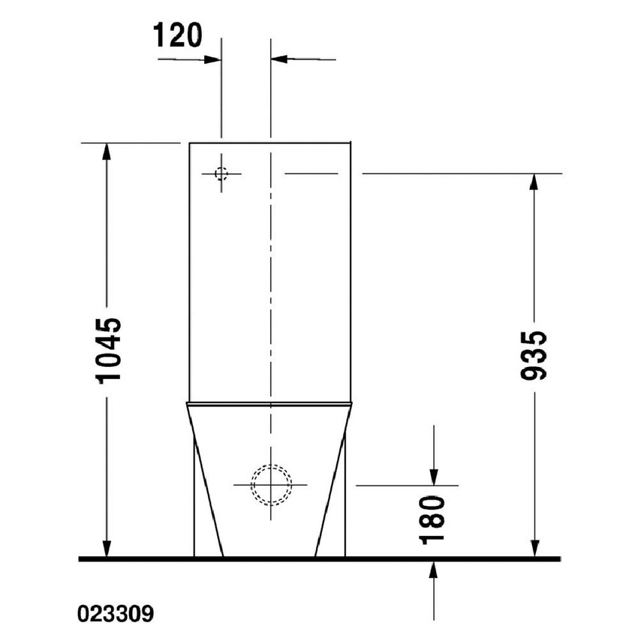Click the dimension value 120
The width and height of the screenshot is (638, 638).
click(x=178, y=35)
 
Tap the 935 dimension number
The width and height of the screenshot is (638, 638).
click(x=534, y=354)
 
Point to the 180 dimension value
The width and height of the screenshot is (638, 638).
click(x=434, y=519)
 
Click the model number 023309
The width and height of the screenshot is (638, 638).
click(x=116, y=615)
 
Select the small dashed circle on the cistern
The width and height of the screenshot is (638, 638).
click(x=221, y=173)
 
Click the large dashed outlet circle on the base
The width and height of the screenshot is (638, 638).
click(x=270, y=485)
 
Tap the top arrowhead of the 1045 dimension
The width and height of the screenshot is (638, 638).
click(x=107, y=150)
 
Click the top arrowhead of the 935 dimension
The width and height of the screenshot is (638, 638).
click(x=534, y=182)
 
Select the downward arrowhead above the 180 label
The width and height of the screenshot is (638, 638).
click(x=434, y=477)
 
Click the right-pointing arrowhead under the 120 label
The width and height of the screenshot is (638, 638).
click(x=213, y=58)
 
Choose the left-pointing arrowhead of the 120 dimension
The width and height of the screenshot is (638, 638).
click(x=278, y=58)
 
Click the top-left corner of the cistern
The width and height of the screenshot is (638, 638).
click(x=188, y=142)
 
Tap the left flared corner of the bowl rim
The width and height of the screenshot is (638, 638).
click(x=185, y=404)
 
